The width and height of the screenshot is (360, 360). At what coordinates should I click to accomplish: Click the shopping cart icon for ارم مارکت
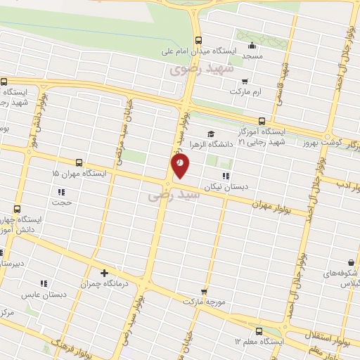[x=245, y=82]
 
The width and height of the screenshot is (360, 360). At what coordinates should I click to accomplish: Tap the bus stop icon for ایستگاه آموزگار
[x=262, y=121]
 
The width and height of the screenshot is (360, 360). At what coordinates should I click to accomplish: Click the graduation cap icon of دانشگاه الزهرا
[x=210, y=134]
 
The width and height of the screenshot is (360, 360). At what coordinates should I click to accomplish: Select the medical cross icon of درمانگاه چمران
[x=105, y=273]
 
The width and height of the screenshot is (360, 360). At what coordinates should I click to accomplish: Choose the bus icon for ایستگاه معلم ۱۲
[x=258, y=330]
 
